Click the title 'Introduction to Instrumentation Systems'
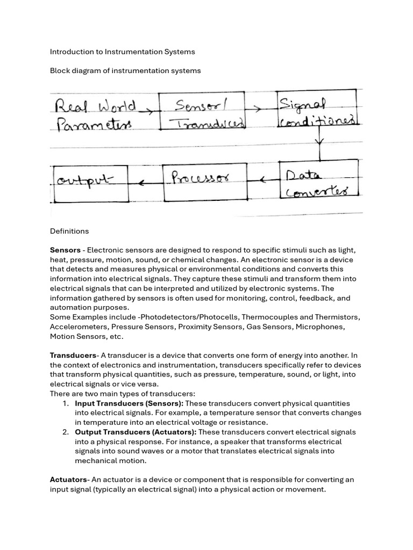click(122, 52)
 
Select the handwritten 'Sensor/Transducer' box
click(202, 112)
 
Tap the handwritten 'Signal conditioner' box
click(317, 110)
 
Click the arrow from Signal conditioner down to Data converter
click(321, 143)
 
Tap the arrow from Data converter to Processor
click(264, 180)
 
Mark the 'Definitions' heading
click(69, 231)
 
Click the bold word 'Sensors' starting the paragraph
click(65, 250)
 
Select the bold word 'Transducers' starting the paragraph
click(73, 356)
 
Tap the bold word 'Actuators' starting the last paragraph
click(68, 480)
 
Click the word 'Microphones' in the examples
click(321, 327)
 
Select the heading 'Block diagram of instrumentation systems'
click(125, 71)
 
